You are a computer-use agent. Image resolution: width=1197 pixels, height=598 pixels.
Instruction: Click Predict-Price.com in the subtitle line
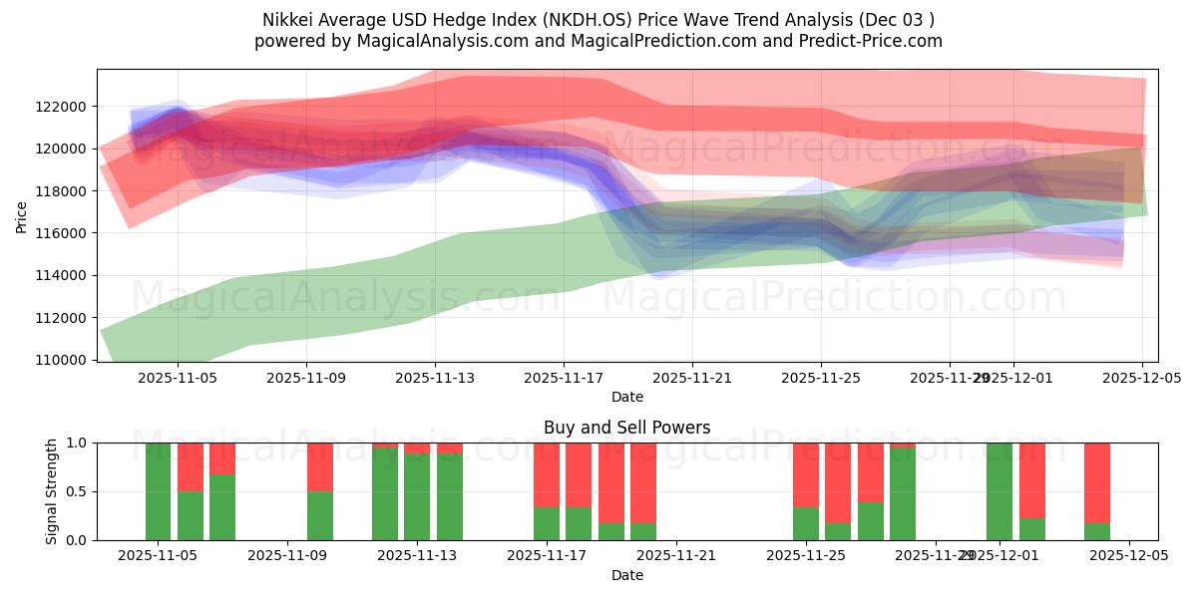pyautogui.click(x=873, y=41)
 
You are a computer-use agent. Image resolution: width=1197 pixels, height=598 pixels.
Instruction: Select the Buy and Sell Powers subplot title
pyautogui.click(x=626, y=428)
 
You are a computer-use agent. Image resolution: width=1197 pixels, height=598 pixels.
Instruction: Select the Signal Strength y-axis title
pyautogui.click(x=52, y=491)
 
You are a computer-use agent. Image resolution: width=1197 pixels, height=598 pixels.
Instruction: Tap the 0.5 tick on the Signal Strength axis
pyautogui.click(x=78, y=491)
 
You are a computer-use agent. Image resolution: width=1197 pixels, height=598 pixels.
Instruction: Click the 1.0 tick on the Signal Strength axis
pyautogui.click(x=78, y=443)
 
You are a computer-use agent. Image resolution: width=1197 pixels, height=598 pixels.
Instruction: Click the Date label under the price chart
pyautogui.click(x=626, y=397)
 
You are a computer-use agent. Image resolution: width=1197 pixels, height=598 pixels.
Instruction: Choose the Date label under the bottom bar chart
pyautogui.click(x=626, y=575)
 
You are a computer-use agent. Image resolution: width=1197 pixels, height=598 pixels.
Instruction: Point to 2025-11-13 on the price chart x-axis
pyautogui.click(x=435, y=379)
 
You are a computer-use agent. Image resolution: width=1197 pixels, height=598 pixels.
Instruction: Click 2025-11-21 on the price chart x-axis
pyautogui.click(x=692, y=379)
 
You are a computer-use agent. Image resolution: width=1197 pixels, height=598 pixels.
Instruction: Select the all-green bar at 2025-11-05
pyautogui.click(x=158, y=491)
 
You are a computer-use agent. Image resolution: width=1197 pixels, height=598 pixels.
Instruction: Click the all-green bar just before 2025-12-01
pyautogui.click(x=999, y=491)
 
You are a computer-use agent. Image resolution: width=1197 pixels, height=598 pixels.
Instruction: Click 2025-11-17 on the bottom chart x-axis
pyautogui.click(x=547, y=556)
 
